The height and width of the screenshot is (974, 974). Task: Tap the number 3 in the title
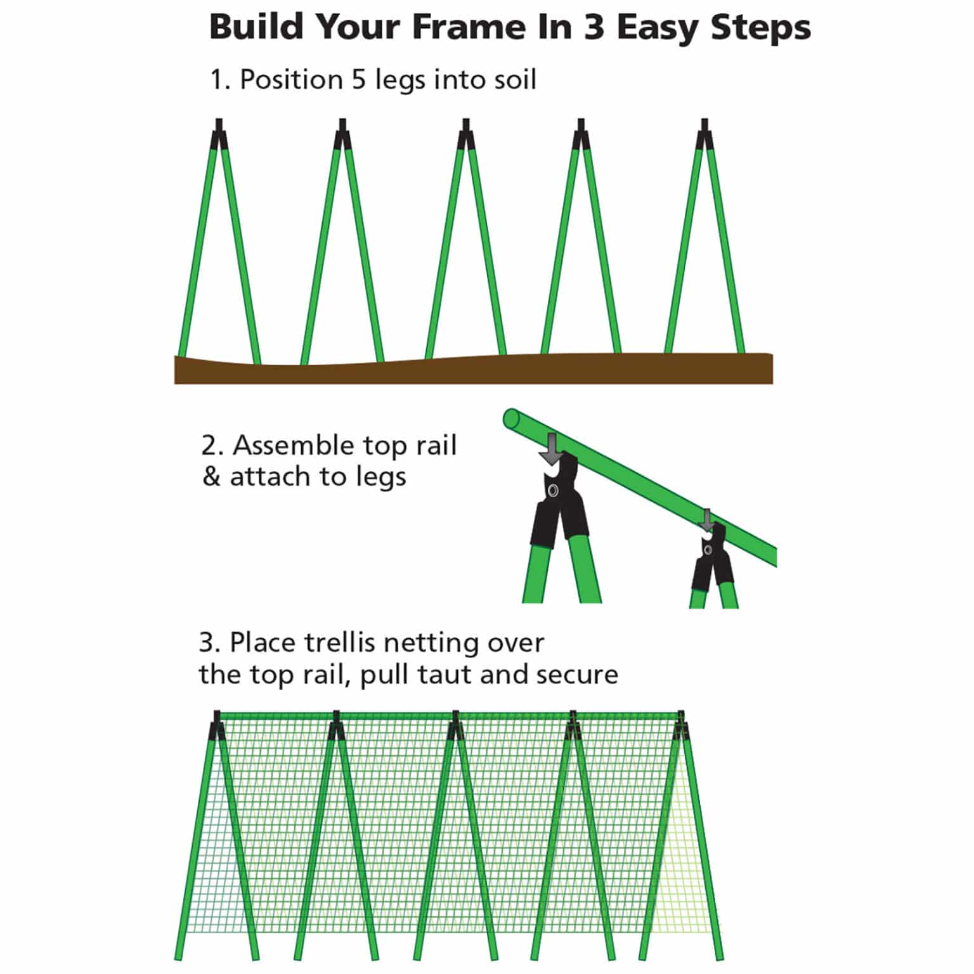[594, 28]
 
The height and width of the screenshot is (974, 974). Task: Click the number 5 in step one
[359, 80]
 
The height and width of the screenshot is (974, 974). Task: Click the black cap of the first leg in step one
[219, 134]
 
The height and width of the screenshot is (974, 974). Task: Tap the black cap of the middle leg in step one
[466, 134]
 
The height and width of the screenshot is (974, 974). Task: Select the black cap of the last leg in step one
[705, 134]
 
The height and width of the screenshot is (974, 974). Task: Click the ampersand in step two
[211, 477]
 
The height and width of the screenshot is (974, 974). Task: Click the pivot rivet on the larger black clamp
[554, 491]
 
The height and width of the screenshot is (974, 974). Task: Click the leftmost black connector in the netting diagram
[217, 725]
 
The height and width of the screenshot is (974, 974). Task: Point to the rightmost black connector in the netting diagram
[682, 725]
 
